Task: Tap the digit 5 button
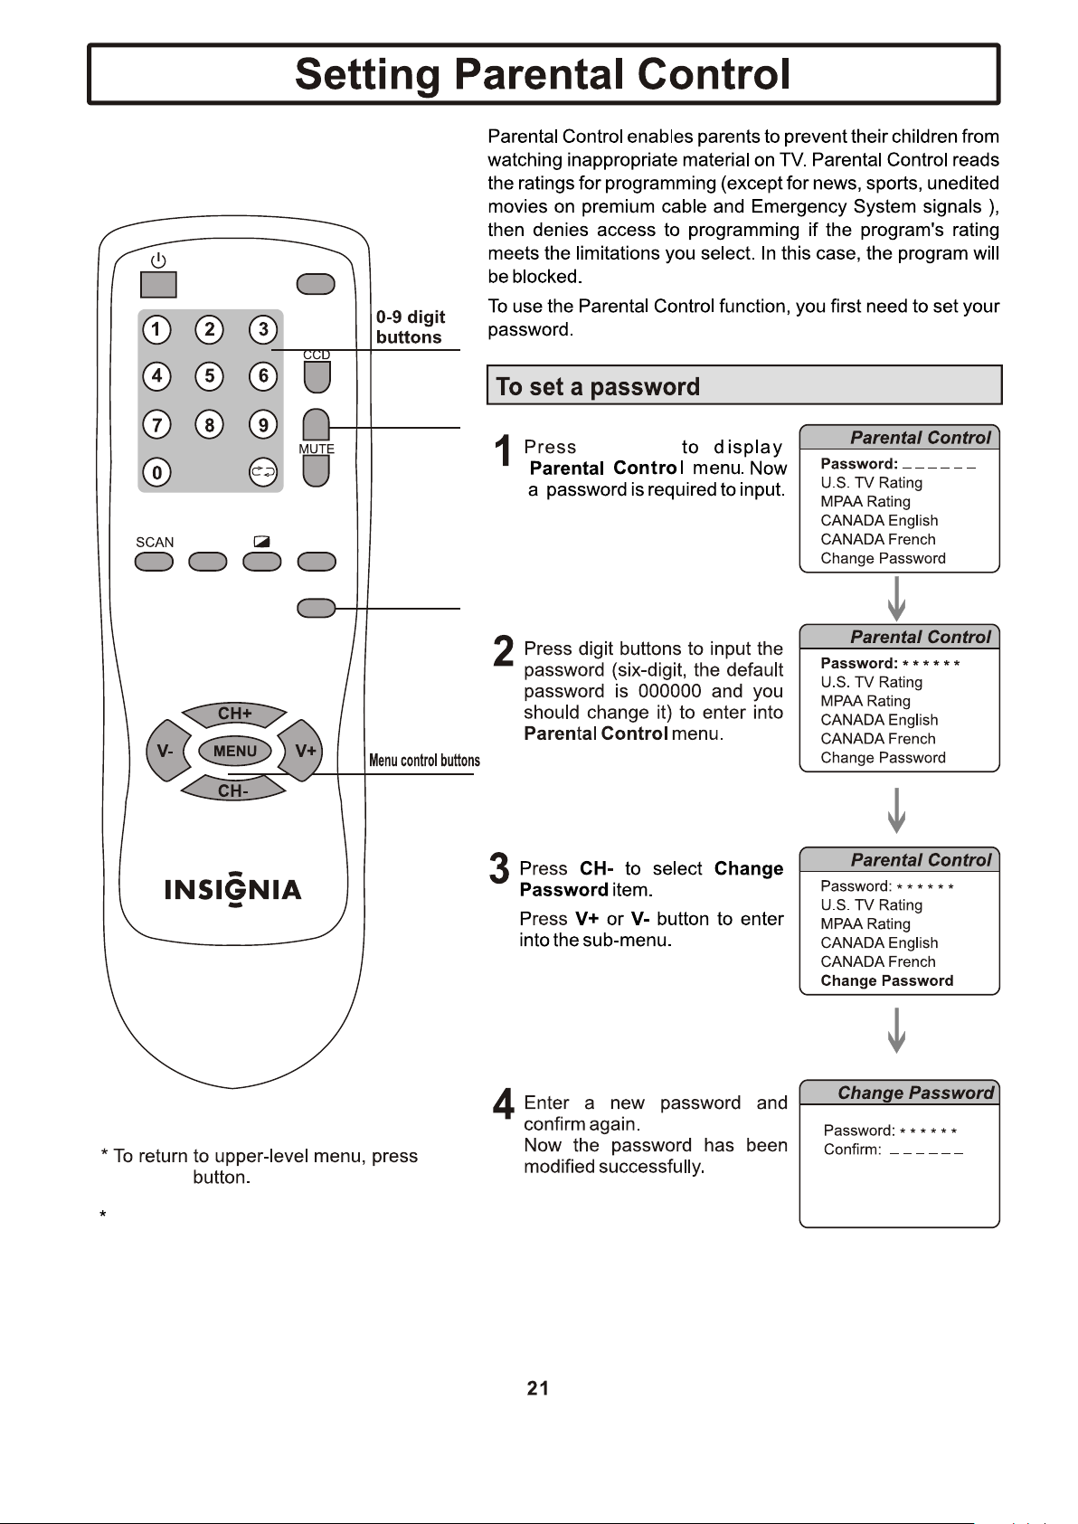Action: pyautogui.click(x=210, y=376)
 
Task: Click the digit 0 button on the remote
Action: pyautogui.click(x=156, y=472)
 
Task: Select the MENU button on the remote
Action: pyautogui.click(x=234, y=751)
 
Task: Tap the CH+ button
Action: pyautogui.click(x=234, y=715)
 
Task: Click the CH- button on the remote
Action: pyautogui.click(x=233, y=790)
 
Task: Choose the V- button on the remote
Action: pyautogui.click(x=166, y=751)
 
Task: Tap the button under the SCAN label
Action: pyautogui.click(x=154, y=562)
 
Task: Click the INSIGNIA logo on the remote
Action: pyautogui.click(x=232, y=888)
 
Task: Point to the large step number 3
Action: pyautogui.click(x=499, y=869)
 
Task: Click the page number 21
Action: pyautogui.click(x=538, y=1388)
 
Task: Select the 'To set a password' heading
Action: pyautogui.click(x=598, y=386)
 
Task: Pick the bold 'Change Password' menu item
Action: pyautogui.click(x=887, y=980)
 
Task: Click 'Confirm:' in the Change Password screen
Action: pyautogui.click(x=852, y=1150)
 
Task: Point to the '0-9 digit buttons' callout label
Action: pyautogui.click(x=410, y=327)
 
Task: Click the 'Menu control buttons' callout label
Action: pyautogui.click(x=424, y=760)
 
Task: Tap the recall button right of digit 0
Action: pyautogui.click(x=263, y=472)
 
